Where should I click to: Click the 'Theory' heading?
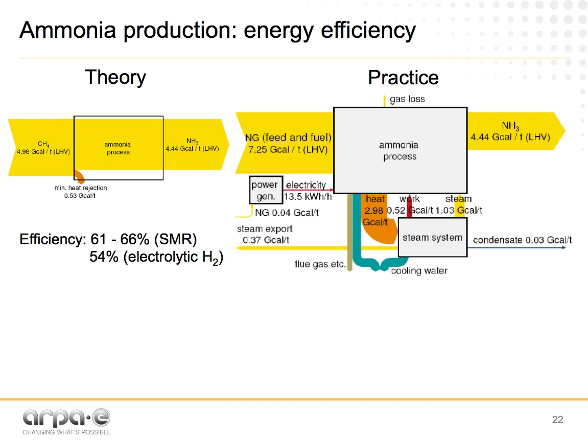pyautogui.click(x=115, y=77)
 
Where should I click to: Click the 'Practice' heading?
pyautogui.click(x=403, y=78)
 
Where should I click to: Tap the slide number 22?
pyautogui.click(x=557, y=420)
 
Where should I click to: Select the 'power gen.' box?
pyautogui.click(x=265, y=190)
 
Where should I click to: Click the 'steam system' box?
pyautogui.click(x=432, y=238)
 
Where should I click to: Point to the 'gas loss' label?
pyautogui.click(x=407, y=99)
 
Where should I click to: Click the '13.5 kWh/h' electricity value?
pyautogui.click(x=305, y=197)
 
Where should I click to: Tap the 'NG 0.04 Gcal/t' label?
pyautogui.click(x=287, y=213)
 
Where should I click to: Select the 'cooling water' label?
pyautogui.click(x=419, y=271)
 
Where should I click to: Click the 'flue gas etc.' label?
pyautogui.click(x=320, y=264)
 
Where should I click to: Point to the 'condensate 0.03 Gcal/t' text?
pyautogui.click(x=522, y=240)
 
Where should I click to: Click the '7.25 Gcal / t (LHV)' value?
pyautogui.click(x=288, y=149)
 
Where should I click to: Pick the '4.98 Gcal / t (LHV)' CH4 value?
pyautogui.click(x=43, y=152)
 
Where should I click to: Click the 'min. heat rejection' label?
pyautogui.click(x=81, y=188)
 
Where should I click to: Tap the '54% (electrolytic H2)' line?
pyautogui.click(x=156, y=257)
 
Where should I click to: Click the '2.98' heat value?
pyautogui.click(x=374, y=211)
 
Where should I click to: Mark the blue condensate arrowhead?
pyautogui.click(x=563, y=247)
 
